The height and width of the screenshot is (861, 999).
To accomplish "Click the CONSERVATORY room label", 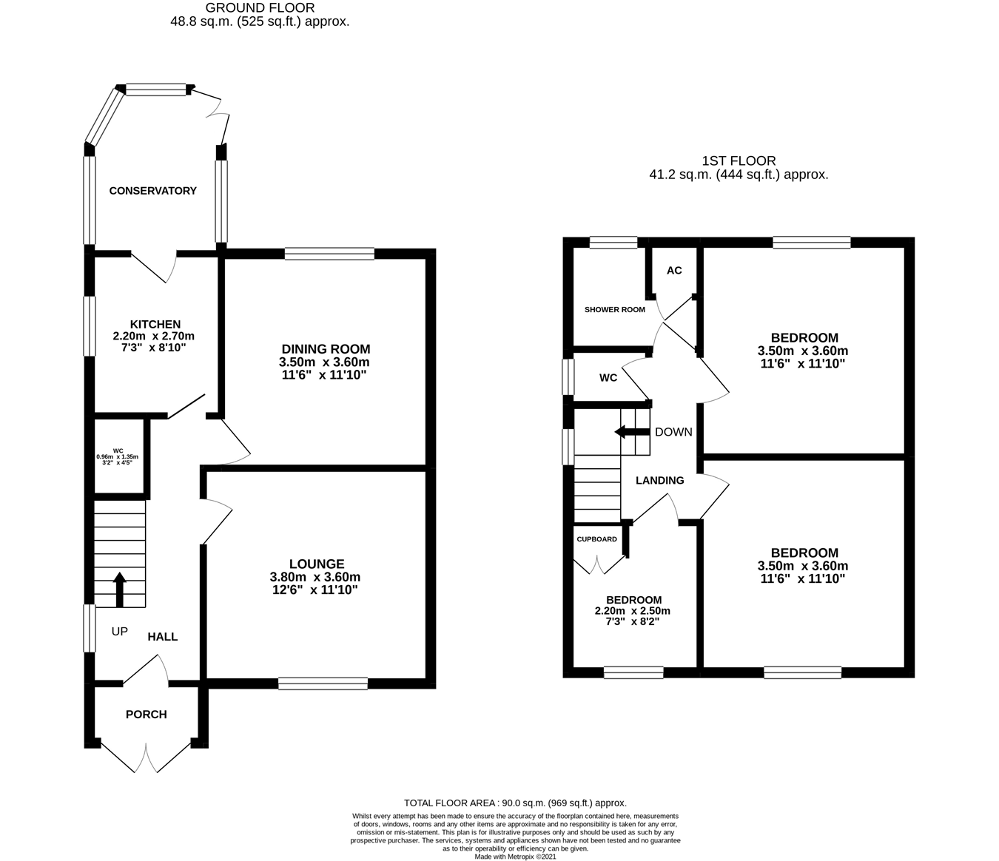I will pyautogui.click(x=152, y=191).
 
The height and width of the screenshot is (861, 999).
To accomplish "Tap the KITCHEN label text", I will pyautogui.click(x=155, y=324).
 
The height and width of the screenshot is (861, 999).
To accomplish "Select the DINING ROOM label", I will pyautogui.click(x=326, y=349).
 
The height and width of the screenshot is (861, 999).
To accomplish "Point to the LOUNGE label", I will pyautogui.click(x=317, y=564).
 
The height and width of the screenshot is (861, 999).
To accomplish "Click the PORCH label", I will pyautogui.click(x=147, y=715).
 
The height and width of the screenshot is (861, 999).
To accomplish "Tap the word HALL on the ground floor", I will pyautogui.click(x=163, y=637).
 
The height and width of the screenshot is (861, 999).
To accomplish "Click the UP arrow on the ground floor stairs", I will pyautogui.click(x=119, y=589).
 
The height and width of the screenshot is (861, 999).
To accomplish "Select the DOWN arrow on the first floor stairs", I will pyautogui.click(x=626, y=432).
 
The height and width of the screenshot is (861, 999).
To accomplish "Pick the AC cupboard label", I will pyautogui.click(x=674, y=271).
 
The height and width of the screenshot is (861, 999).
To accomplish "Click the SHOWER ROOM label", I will pyautogui.click(x=614, y=310).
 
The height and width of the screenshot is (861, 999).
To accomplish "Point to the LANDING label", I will pyautogui.click(x=660, y=481).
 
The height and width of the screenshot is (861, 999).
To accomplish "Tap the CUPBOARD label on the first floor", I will pyautogui.click(x=596, y=539).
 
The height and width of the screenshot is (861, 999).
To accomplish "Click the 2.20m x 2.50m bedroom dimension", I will pyautogui.click(x=633, y=611).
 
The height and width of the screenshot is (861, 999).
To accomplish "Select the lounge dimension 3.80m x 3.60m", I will pyautogui.click(x=315, y=577).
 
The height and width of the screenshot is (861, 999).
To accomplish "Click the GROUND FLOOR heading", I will pyautogui.click(x=260, y=7).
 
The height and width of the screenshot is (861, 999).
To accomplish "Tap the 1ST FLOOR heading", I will pyautogui.click(x=739, y=161).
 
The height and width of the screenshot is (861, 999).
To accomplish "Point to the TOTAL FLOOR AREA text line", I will pyautogui.click(x=515, y=803).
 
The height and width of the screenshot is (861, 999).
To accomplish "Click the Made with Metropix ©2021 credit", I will pyautogui.click(x=515, y=857).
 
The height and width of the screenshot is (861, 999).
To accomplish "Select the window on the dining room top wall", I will pyautogui.click(x=329, y=254).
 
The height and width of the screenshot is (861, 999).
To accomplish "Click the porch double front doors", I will pyautogui.click(x=147, y=756).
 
